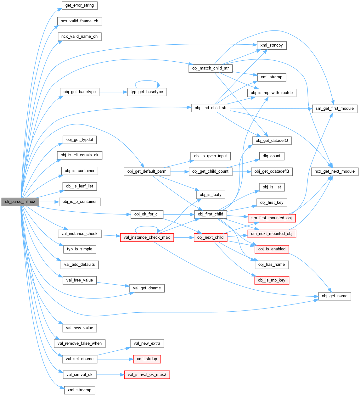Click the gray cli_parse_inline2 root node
coord(20,202)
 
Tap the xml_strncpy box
coord(272,45)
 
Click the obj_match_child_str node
coord(211,68)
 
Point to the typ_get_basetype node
coord(147,92)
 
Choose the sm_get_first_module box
coord(335,109)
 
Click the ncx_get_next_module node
coord(335,172)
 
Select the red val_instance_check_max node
coord(147,237)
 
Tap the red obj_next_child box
coord(210,237)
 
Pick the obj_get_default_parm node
coord(147,172)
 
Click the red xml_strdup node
coord(147,359)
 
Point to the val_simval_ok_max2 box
coord(147,375)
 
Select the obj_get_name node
coord(335,296)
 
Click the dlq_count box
coord(272,156)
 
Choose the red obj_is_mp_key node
coord(272,280)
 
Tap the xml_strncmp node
coord(79,390)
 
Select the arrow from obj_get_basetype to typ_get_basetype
coord(113,92)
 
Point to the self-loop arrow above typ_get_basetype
coord(147,81)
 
